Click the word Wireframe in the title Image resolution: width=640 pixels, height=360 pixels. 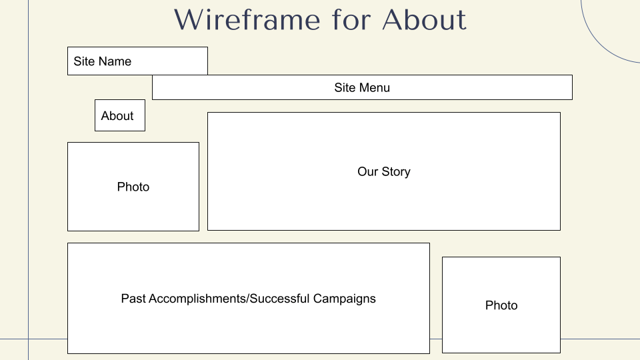coord(247,19)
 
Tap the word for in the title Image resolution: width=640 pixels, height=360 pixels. coord(351,19)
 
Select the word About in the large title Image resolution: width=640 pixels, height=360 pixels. coord(425,19)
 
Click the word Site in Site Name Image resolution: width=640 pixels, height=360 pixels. coord(84,61)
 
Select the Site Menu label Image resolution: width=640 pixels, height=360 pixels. coord(362,87)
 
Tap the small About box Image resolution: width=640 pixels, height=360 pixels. coord(120,115)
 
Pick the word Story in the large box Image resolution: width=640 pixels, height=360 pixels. coord(396,172)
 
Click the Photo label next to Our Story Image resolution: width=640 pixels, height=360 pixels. coord(133,187)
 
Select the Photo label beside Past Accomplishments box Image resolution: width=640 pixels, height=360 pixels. coord(501,305)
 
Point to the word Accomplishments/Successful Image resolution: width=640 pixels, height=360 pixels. coord(229,299)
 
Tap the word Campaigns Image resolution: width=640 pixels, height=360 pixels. coord(345,299)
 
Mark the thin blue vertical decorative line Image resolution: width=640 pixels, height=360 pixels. coord(28,180)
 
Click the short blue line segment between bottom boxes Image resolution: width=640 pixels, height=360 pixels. coord(436,339)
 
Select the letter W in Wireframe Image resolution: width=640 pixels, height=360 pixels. coord(189,20)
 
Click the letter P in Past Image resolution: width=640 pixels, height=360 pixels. coord(125,299)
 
